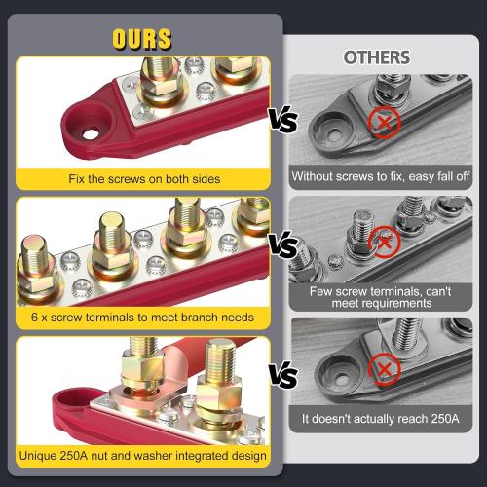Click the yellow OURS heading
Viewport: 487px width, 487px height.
pyautogui.click(x=143, y=40)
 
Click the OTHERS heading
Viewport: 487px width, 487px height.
pyautogui.click(x=376, y=56)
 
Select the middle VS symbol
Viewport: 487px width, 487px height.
pyautogui.click(x=284, y=245)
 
